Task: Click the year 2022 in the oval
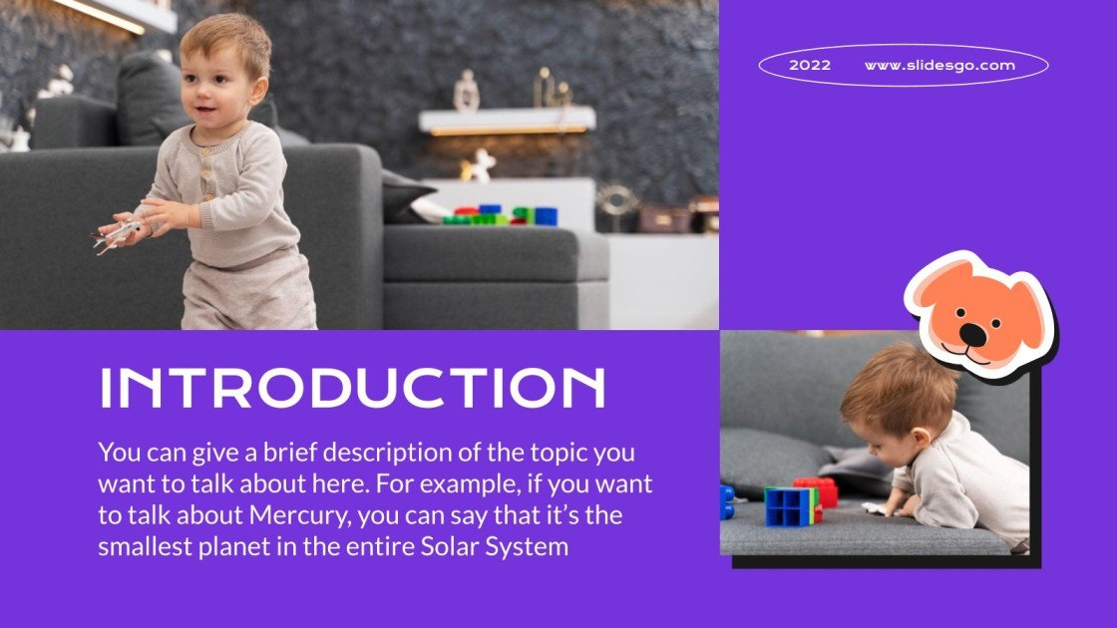pyautogui.click(x=810, y=66)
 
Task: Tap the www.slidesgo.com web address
pyautogui.click(x=939, y=66)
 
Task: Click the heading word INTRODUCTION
pyautogui.click(x=353, y=388)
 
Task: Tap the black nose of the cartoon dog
pyautogui.click(x=973, y=334)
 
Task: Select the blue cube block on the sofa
pyautogui.click(x=789, y=506)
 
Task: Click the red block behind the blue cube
pyautogui.click(x=821, y=491)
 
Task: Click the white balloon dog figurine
pyautogui.click(x=479, y=165)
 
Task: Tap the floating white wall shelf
pyautogui.click(x=507, y=121)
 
